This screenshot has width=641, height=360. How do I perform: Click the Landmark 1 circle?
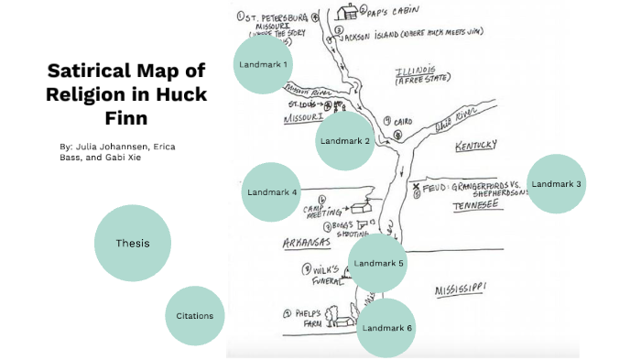tap(262, 65)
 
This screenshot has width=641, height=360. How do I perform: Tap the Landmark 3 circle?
tap(556, 184)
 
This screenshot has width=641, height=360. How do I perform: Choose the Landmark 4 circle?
tap(271, 192)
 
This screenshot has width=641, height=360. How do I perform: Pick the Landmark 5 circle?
tap(379, 264)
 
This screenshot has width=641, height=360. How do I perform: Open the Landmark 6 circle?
tap(386, 327)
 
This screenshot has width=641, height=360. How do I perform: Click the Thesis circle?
tap(133, 243)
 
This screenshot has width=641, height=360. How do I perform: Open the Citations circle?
tap(195, 316)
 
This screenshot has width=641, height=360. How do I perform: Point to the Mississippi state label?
tap(461, 290)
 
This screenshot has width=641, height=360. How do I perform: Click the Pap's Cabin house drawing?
tap(347, 12)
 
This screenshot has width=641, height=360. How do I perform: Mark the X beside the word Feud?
tap(417, 188)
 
